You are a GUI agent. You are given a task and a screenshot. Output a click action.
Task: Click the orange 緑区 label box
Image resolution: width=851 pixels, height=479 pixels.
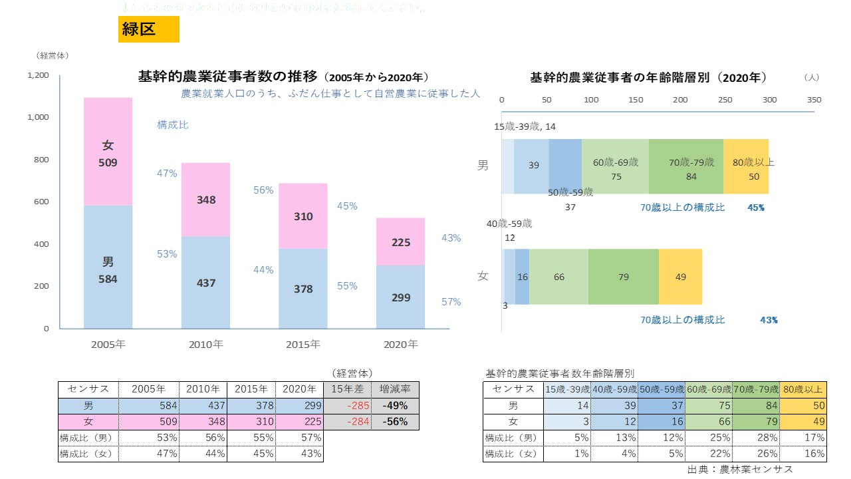(148, 29)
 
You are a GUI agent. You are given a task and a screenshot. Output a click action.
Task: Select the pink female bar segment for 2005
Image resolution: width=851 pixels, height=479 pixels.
(108, 152)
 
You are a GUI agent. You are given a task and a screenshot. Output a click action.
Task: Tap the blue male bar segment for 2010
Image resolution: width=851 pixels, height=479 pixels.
(206, 282)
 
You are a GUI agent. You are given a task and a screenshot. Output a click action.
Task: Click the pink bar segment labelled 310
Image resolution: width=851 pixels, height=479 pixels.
(303, 216)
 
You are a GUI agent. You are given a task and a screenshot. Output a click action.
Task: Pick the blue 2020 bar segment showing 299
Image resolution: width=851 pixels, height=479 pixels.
(400, 297)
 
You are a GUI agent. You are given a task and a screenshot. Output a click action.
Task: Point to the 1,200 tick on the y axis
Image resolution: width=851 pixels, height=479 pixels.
(38, 75)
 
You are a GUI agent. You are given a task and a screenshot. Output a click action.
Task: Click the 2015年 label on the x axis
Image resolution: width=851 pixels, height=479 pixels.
(303, 345)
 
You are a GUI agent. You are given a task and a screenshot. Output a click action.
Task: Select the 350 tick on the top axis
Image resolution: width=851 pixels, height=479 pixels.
(814, 100)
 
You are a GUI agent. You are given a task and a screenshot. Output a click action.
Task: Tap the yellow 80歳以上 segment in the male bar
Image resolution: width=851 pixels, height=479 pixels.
(746, 166)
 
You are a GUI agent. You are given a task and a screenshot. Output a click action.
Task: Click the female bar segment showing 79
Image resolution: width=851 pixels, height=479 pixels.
(623, 276)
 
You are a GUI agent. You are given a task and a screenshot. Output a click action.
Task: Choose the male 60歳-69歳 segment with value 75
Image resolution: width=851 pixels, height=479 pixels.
(615, 166)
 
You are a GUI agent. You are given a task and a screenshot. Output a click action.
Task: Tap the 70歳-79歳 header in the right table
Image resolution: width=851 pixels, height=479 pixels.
(756, 389)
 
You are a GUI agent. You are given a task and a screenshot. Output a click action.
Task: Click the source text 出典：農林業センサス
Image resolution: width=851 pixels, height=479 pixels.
(740, 469)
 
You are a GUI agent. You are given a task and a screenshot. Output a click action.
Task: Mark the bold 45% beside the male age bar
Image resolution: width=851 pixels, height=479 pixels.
(756, 208)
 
